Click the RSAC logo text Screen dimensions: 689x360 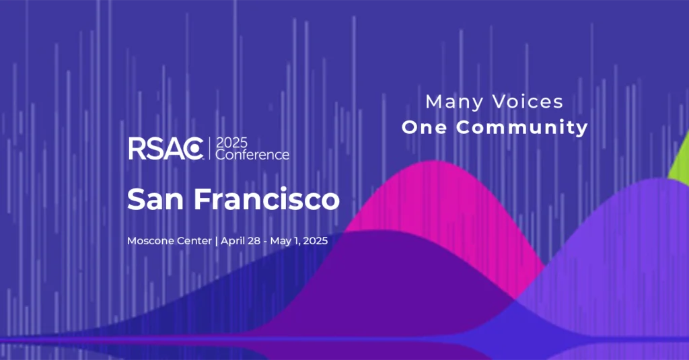[166, 149]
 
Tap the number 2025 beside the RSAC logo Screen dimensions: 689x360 [232, 143]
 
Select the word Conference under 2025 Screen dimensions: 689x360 [252, 155]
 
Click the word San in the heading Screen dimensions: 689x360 [155, 199]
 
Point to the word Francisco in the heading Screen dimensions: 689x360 [266, 199]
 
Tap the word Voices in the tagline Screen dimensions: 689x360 [528, 102]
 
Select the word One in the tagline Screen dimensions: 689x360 [425, 127]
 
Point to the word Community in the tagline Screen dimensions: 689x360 [522, 127]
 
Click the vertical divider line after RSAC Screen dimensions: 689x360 [210, 149]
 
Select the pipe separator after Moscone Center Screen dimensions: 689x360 [216, 242]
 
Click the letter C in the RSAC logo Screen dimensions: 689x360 [194, 149]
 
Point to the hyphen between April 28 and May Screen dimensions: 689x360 [265, 242]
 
